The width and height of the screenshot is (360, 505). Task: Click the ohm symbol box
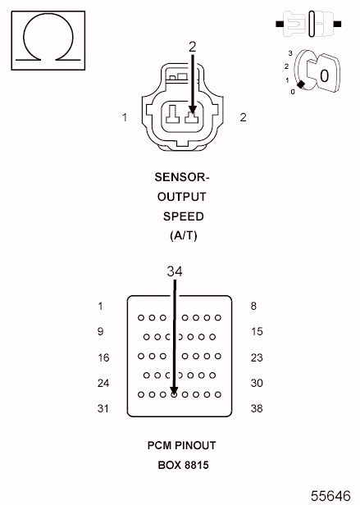(48, 40)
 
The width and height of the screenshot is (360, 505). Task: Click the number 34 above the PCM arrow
(175, 271)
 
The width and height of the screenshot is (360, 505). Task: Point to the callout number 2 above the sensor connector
(193, 48)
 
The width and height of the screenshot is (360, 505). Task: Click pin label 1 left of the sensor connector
(125, 117)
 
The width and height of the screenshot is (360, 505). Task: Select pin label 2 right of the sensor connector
(243, 117)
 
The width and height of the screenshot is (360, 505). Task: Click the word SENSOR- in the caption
(182, 177)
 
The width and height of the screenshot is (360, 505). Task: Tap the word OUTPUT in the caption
(181, 197)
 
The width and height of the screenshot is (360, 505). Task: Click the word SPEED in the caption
(181, 216)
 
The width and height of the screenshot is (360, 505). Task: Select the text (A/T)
(181, 235)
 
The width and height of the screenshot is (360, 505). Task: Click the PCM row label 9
(100, 332)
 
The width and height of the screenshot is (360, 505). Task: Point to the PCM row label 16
(103, 357)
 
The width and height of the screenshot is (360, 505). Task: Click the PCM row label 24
(103, 383)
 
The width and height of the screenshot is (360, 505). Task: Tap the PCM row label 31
(103, 409)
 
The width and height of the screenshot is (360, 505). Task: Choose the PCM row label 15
(257, 332)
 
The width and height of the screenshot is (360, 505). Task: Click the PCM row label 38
(257, 409)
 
